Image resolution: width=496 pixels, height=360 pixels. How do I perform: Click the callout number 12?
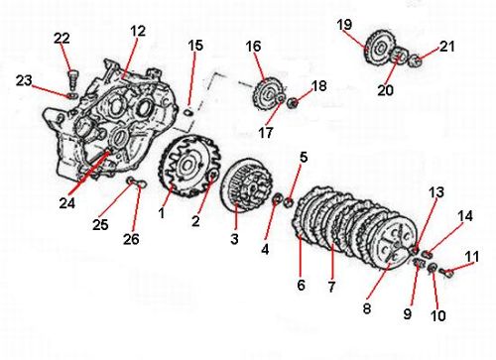coord(138,31)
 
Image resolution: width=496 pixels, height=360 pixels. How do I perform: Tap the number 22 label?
coord(62,39)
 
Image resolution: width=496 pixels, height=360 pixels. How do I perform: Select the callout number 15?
coord(195,46)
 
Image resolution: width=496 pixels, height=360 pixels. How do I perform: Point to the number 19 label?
coord(344,25)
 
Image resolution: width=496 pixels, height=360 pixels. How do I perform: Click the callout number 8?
coord(367,309)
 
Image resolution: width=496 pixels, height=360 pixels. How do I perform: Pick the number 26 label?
coord(131,239)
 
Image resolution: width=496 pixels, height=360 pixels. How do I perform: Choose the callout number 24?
coord(67,203)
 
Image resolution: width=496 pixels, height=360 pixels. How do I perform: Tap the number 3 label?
coord(234,239)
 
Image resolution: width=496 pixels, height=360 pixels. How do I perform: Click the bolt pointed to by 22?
coord(72,79)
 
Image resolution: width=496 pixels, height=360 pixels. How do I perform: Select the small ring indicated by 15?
coord(188,112)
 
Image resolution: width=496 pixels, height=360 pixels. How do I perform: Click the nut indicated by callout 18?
coord(293,103)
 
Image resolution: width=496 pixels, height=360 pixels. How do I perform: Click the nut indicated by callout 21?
coord(416,60)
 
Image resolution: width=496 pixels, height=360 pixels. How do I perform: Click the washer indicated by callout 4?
coord(276,199)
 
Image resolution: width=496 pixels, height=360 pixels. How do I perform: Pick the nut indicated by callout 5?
coord(289,202)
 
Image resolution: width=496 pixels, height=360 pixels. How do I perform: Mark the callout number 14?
coord(465,216)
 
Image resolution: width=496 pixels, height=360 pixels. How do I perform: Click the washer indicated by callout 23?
coord(72,96)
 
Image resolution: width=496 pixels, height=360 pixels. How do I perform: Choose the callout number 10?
coord(438,315)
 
